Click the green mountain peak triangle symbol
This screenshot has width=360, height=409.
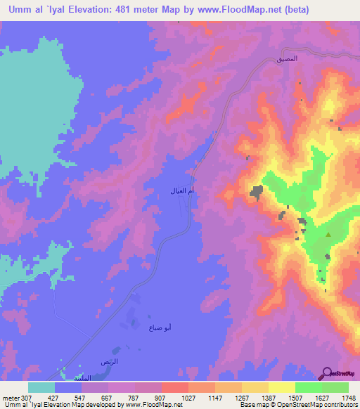click(328, 235)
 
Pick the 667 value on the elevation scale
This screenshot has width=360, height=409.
click(107, 398)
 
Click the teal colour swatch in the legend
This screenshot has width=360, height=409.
click(41, 387)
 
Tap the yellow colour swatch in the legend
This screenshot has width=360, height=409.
click(281, 387)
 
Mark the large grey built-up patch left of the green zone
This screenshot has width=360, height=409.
click(257, 190)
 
